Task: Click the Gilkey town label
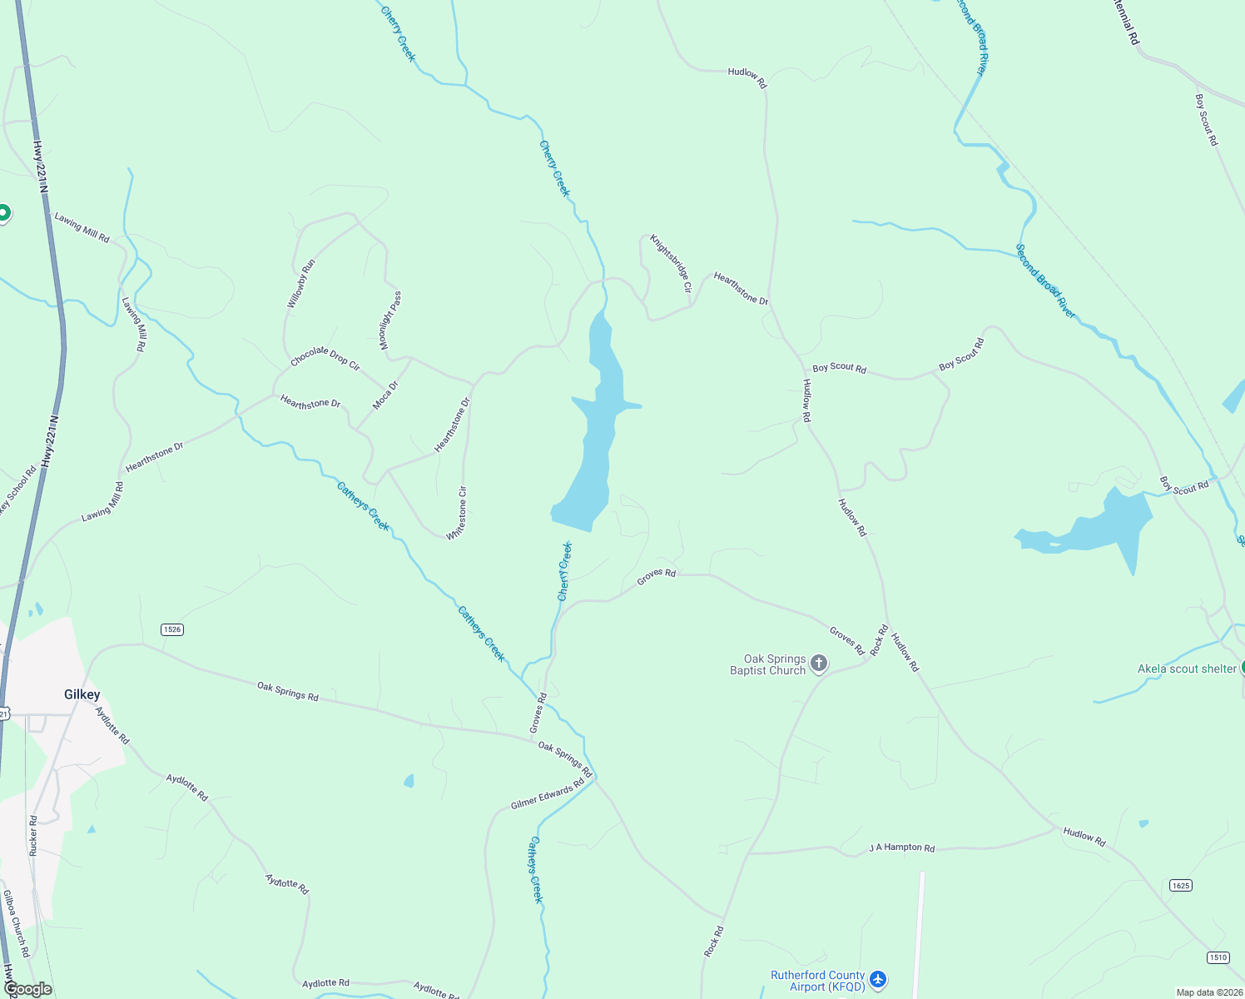[82, 694]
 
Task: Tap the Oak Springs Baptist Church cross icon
[819, 664]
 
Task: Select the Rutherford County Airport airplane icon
[879, 980]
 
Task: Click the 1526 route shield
[172, 629]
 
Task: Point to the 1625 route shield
[1180, 885]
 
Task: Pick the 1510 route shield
[1218, 957]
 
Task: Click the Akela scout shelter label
[1187, 668]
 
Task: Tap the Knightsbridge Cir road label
[671, 263]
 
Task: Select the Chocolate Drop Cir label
[325, 358]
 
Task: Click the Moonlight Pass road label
[391, 320]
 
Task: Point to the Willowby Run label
[301, 284]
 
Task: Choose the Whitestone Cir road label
[457, 513]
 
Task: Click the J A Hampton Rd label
[901, 847]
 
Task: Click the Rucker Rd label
[33, 836]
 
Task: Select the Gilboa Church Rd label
[16, 923]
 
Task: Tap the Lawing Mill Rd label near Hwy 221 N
[82, 226]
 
